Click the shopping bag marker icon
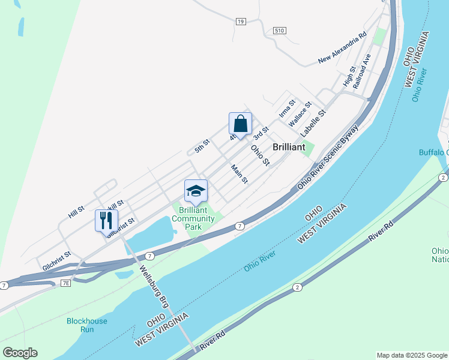point(240,124)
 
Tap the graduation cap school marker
point(196,191)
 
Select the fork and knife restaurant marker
point(106,220)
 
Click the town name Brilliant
point(289,147)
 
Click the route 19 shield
point(241,22)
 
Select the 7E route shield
point(65,283)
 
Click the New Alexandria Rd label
point(342,49)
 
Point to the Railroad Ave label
point(362,71)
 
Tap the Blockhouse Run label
point(87,325)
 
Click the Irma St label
point(288,108)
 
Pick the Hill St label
point(76,211)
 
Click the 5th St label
point(202,146)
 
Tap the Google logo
point(20,353)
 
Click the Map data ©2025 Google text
point(412,355)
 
